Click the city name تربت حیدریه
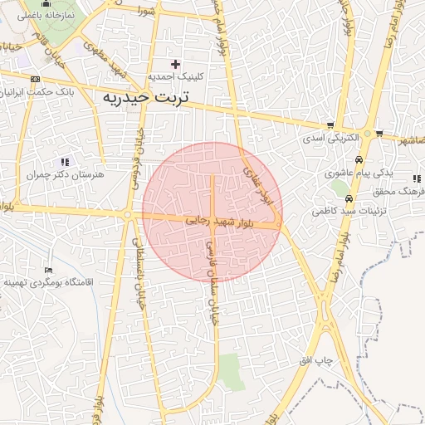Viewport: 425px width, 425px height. (x=146, y=97)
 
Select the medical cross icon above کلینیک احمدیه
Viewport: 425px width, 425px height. (x=175, y=64)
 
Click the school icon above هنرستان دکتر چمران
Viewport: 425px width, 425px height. (x=65, y=162)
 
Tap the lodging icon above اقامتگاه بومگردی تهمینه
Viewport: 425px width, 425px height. (x=48, y=271)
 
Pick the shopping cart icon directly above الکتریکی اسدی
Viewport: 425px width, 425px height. (x=331, y=125)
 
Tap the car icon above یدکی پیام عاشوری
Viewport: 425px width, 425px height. (x=358, y=160)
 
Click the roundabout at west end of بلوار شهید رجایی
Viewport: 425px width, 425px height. (x=127, y=215)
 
